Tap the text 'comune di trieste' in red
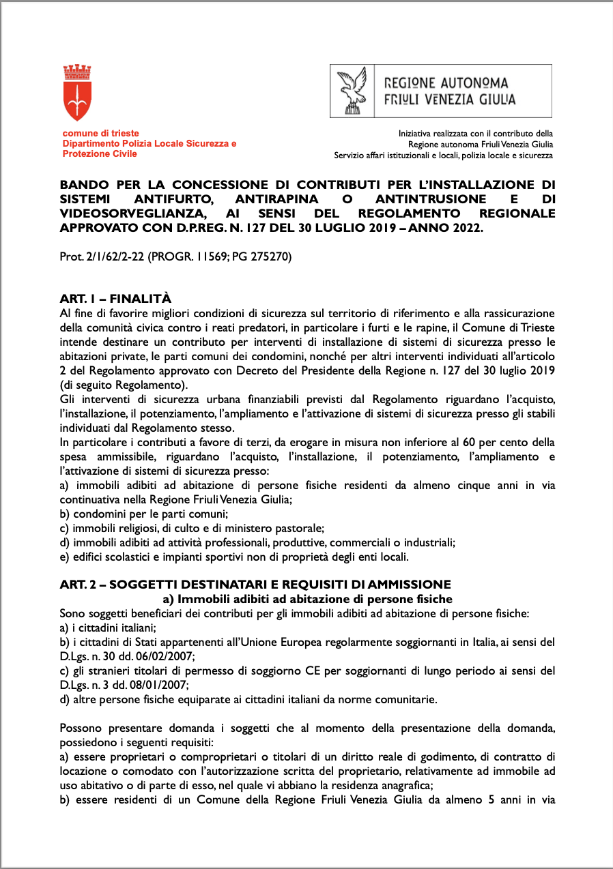[x=101, y=134]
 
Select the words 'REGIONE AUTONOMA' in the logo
[x=446, y=83]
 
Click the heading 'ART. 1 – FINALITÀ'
[x=115, y=299]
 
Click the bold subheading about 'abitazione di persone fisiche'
[x=307, y=599]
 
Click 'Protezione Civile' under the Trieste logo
[x=100, y=154]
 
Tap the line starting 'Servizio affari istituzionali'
[x=443, y=156]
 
